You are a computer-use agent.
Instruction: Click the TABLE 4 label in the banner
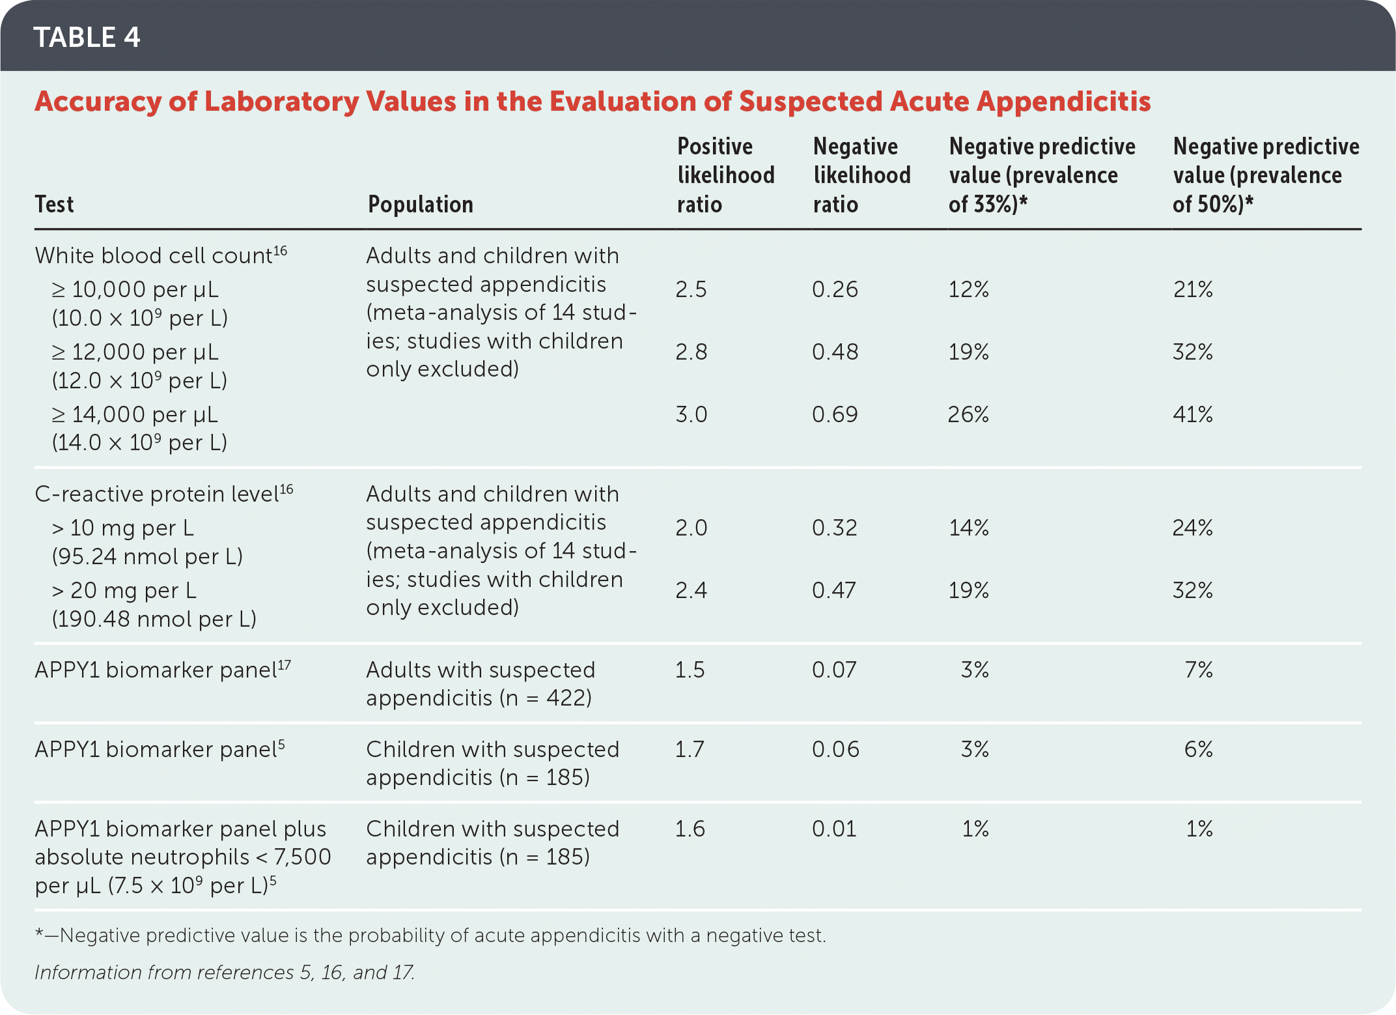(x=87, y=37)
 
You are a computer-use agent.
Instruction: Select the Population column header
(x=420, y=205)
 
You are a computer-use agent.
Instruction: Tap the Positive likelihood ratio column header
(x=725, y=175)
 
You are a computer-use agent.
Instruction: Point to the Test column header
(x=54, y=205)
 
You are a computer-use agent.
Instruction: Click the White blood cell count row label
(x=160, y=255)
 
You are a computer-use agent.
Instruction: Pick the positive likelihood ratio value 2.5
(x=691, y=289)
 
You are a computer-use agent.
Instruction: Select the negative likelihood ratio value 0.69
(x=835, y=414)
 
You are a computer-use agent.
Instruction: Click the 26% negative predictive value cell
(x=968, y=414)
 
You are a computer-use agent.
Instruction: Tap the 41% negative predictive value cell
(x=1192, y=414)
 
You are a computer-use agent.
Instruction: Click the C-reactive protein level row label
(x=163, y=494)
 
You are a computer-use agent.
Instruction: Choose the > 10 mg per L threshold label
(x=123, y=528)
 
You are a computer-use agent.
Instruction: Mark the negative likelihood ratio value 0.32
(x=835, y=528)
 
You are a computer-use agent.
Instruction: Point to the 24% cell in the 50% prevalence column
(x=1192, y=528)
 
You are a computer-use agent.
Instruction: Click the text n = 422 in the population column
(x=545, y=698)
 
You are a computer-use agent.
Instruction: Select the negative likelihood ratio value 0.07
(x=834, y=670)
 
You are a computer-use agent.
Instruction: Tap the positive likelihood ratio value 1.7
(x=690, y=749)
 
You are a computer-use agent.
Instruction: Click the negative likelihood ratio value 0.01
(x=834, y=829)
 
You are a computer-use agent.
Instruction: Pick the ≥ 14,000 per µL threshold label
(x=135, y=414)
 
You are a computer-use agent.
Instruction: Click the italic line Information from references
(x=225, y=973)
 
